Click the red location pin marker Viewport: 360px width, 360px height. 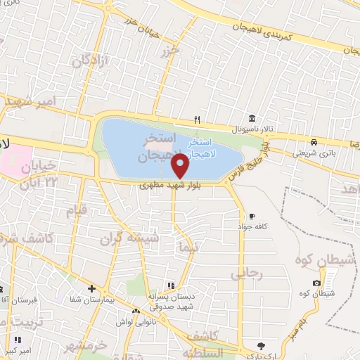[181, 166]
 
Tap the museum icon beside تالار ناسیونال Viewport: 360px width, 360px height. [251, 118]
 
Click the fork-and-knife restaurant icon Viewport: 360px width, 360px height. [198, 119]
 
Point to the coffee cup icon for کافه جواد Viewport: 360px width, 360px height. [252, 216]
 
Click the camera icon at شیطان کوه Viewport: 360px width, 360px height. [316, 283]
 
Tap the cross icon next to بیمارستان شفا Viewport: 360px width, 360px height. [91, 288]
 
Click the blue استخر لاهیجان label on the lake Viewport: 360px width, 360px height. [203, 148]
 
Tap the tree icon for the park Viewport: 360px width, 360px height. [262, 345]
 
